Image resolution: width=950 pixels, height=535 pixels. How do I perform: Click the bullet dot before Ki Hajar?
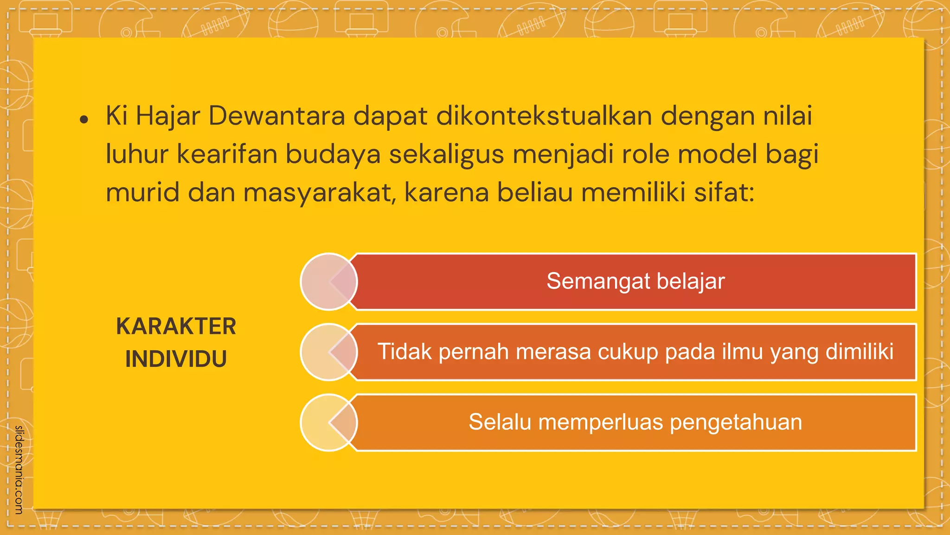click(x=84, y=120)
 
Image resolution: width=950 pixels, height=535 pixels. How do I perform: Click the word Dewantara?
click(x=276, y=116)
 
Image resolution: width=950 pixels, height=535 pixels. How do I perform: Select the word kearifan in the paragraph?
click(x=227, y=154)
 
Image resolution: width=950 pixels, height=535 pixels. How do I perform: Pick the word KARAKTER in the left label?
click(x=176, y=326)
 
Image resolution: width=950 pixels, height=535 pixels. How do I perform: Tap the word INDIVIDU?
click(x=176, y=359)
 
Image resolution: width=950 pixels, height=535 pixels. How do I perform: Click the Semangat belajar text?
click(x=635, y=281)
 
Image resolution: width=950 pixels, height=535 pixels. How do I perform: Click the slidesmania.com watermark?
click(x=19, y=470)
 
